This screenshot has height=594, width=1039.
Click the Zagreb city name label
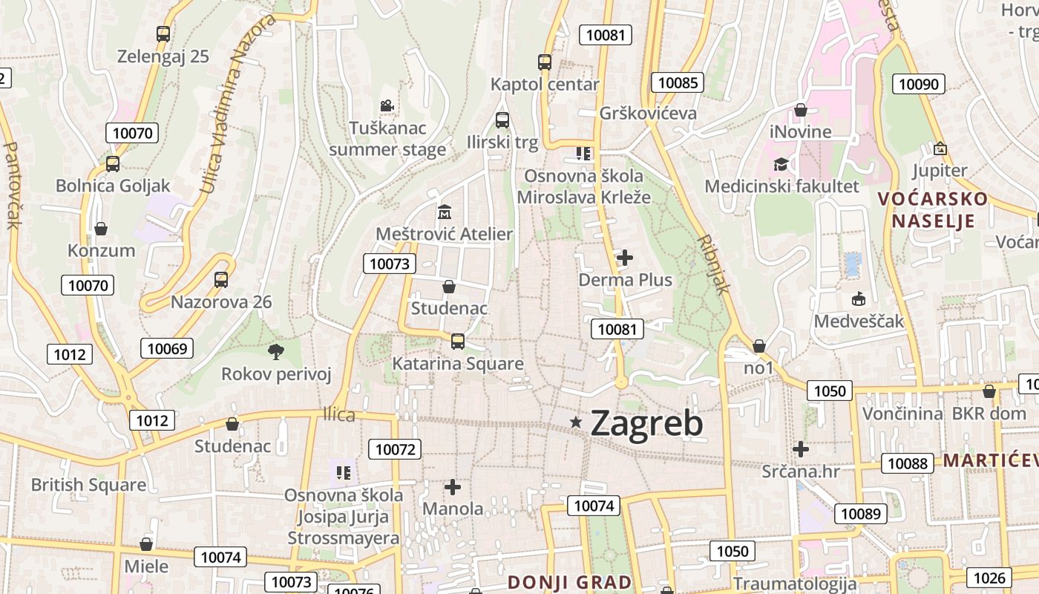pos(646,424)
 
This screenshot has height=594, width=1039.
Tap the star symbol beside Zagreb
pos(576,422)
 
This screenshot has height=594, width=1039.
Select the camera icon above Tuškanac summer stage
pos(386,106)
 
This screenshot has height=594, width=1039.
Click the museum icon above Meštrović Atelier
pos(445,212)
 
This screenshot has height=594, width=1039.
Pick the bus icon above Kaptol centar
pos(545,62)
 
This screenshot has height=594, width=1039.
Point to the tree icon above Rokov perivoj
pos(276,350)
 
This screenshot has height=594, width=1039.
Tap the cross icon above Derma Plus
pos(625,258)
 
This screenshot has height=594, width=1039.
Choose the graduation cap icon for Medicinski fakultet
pos(781,164)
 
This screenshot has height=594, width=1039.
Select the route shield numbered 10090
pos(919,84)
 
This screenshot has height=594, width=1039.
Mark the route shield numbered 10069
pos(168,348)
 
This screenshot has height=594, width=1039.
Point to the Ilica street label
pos(339,415)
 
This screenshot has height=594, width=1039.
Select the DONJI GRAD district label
pos(569,582)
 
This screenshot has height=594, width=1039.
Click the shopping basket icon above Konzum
pos(100,229)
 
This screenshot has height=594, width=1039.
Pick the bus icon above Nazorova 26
pos(221,280)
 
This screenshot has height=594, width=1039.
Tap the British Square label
pos(88,485)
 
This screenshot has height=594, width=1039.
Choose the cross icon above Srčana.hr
pos(800,449)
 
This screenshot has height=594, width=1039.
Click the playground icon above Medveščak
pos(859,299)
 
